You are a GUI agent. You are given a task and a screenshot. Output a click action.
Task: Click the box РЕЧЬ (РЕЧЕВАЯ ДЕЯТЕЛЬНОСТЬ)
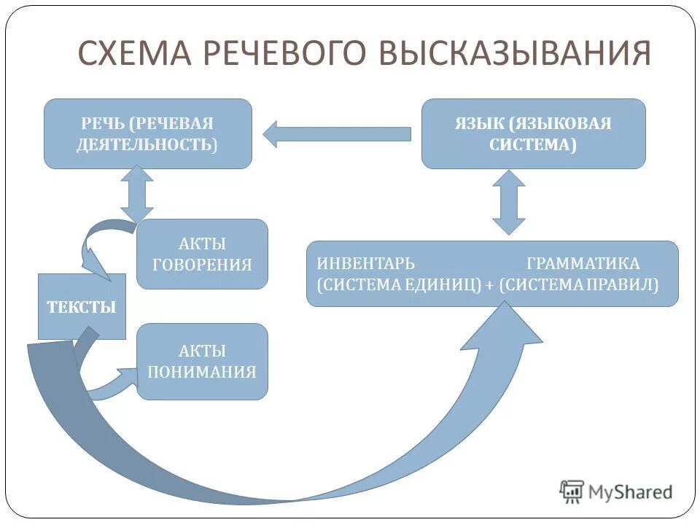coord(148,133)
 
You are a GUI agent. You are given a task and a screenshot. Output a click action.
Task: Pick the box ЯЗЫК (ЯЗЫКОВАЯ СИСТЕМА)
coord(534,133)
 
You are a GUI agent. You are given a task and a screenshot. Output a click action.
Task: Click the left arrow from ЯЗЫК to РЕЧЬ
coord(335,134)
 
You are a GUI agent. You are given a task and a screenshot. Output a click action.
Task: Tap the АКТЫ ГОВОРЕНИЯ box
coord(202,254)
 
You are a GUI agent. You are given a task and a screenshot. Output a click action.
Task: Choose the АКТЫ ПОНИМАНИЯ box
coord(202,362)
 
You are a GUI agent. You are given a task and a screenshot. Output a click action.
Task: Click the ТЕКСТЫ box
coord(82,306)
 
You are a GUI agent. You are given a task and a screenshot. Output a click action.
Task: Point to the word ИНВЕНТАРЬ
coord(365,263)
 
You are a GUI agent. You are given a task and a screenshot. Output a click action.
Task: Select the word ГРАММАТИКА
coord(583,263)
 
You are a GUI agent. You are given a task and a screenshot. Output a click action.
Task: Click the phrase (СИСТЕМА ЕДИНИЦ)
coord(400,285)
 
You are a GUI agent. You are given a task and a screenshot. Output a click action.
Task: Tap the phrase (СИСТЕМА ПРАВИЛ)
coord(580,285)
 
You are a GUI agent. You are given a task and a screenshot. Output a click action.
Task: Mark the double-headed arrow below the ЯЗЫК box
coord(508,202)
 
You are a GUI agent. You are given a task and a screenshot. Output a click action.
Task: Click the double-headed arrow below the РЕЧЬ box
coord(136,193)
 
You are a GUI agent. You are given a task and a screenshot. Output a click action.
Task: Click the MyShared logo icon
coord(572,492)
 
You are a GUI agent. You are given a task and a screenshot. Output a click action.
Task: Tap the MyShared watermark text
coord(631,492)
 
